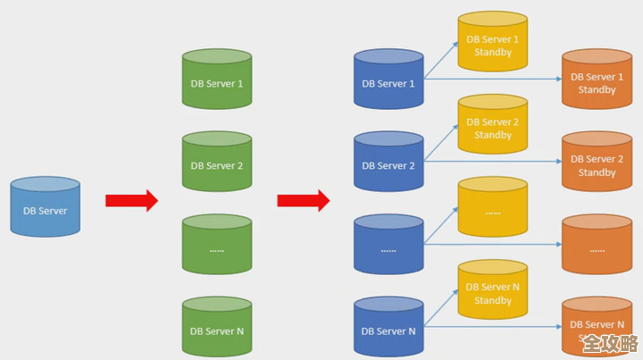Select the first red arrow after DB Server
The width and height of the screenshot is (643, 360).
[x=131, y=200]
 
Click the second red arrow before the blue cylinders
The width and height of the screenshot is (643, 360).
[x=303, y=200]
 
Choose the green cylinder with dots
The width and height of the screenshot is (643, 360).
[x=217, y=247]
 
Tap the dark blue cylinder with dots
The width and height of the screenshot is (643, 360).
[x=388, y=247]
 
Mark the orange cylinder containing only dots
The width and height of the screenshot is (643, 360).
[x=597, y=247]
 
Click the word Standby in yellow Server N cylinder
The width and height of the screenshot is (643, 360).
[x=493, y=300]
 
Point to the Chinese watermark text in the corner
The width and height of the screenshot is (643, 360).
[x=610, y=344]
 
